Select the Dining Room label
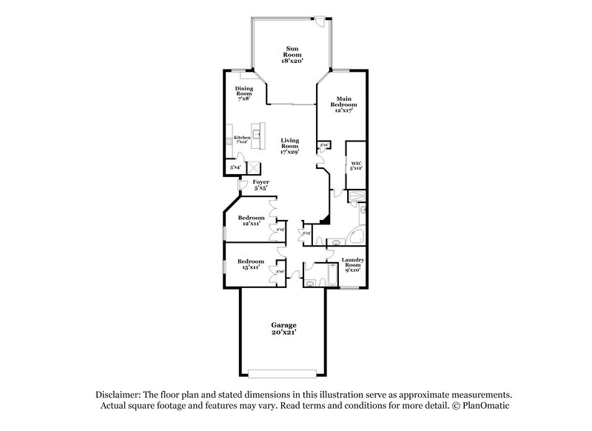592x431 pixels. pyautogui.click(x=243, y=95)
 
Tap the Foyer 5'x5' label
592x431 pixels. pyautogui.click(x=260, y=184)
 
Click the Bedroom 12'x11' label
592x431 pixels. pyautogui.click(x=251, y=221)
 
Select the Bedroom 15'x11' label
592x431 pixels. pyautogui.click(x=251, y=264)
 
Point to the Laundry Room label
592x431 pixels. pyautogui.click(x=352, y=264)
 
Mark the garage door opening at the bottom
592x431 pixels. pyautogui.click(x=285, y=372)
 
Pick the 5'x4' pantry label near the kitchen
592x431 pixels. pyautogui.click(x=235, y=168)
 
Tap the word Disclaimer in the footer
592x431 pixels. pyautogui.click(x=119, y=395)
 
